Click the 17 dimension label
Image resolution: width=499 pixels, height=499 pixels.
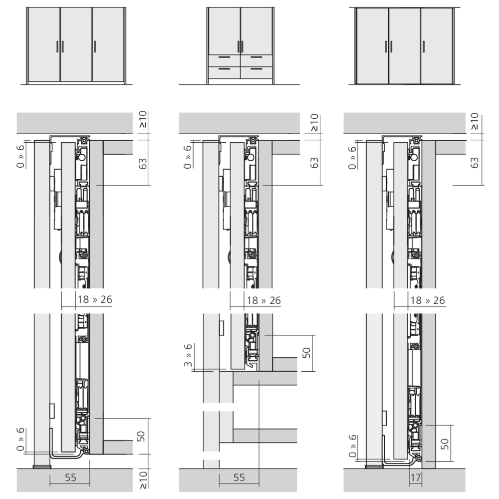click(416, 478)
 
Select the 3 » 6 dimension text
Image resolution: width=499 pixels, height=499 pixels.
click(188, 355)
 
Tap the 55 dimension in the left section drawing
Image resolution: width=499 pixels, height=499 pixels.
click(70, 478)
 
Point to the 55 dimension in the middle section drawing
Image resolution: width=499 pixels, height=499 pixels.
click(239, 478)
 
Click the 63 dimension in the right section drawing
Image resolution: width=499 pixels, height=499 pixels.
click(474, 163)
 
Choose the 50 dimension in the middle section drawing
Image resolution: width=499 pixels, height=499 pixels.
click(306, 353)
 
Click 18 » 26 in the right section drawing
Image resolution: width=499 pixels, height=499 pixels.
click(428, 300)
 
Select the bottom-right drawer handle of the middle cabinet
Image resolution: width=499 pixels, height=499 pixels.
click(256, 69)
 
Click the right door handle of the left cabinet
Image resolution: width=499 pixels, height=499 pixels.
click(95, 46)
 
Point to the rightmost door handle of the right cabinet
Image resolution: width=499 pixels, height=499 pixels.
click(424, 46)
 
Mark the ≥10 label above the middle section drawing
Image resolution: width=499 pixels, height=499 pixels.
click(314, 123)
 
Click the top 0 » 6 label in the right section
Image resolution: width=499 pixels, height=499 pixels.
click(352, 158)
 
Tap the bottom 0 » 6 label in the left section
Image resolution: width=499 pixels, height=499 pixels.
click(20, 439)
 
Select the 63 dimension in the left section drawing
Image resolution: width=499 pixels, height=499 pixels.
click(143, 163)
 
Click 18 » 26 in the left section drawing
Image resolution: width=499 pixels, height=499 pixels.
click(95, 299)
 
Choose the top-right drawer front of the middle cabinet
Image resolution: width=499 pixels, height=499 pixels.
click(256, 60)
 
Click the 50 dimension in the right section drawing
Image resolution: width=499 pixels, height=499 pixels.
click(445, 444)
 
